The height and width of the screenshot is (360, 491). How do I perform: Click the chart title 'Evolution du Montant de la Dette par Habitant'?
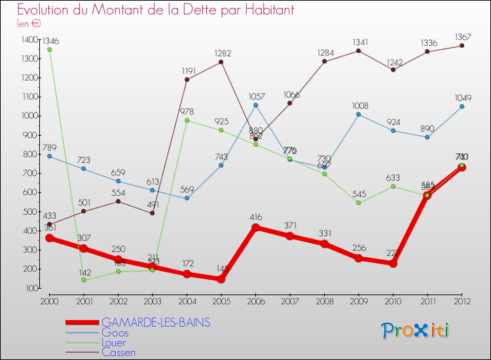pos(156,10)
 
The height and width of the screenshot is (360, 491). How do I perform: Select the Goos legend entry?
pos(115,333)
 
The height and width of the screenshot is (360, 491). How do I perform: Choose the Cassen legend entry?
pos(118,352)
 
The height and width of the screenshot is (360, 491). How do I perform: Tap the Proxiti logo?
pos(416,331)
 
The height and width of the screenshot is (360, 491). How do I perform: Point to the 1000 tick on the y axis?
pos(29,116)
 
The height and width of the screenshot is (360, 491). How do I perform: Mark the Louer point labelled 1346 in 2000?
pos(49,49)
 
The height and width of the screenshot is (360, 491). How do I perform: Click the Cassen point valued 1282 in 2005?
pos(221,62)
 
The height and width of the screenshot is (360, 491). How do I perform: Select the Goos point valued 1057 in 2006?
pos(255,105)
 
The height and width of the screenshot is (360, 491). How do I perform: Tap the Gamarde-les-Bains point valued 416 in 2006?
pos(255,228)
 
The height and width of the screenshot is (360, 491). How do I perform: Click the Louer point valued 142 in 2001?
pos(84,280)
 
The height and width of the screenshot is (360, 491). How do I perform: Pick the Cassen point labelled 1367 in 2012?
pos(462,45)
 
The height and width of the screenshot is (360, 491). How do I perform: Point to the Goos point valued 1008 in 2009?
pos(359,114)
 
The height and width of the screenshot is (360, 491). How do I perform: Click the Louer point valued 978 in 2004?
pos(187,120)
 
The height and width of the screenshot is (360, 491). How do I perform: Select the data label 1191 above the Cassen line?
pos(187,71)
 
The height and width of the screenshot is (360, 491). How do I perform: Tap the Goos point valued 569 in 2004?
pos(187,198)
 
